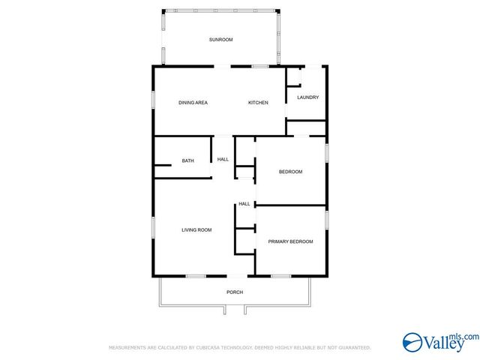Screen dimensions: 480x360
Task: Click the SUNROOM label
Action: tap(220, 40)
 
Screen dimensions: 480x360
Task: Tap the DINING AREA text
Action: tap(193, 103)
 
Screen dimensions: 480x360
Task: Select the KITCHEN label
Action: tap(258, 103)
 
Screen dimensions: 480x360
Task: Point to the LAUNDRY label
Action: tap(308, 97)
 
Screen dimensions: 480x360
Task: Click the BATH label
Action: tap(188, 160)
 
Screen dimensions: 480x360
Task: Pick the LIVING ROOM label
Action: tap(196, 230)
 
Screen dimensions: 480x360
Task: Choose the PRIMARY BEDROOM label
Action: tap(290, 241)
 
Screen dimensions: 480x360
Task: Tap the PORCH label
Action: tap(235, 292)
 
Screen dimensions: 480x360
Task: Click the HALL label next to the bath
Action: tap(223, 160)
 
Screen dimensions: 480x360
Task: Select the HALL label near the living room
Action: tap(244, 204)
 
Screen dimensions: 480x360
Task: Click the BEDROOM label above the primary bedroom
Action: tap(290, 172)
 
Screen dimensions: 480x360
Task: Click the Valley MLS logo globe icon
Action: tap(412, 343)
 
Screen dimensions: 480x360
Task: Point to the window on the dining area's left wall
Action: tap(153, 100)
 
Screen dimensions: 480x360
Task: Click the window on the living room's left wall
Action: tap(153, 226)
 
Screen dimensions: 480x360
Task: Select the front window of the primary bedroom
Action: tap(281, 277)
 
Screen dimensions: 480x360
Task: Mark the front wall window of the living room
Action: tap(196, 277)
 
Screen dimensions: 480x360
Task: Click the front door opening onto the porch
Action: tap(237, 277)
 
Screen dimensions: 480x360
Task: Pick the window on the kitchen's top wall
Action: tap(260, 67)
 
